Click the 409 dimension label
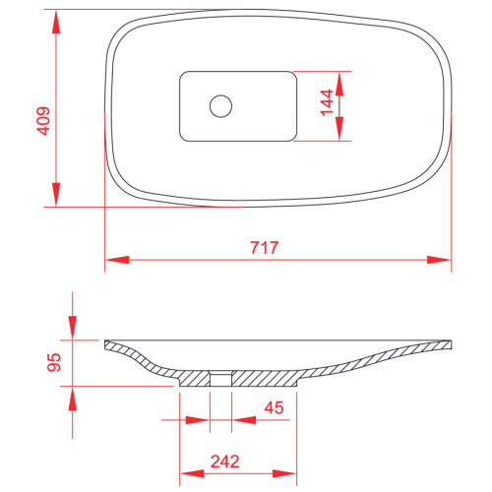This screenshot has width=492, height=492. [x=43, y=121]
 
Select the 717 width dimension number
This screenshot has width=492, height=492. [x=265, y=248]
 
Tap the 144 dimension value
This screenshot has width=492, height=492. [x=327, y=102]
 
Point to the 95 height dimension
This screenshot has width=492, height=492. [x=54, y=362]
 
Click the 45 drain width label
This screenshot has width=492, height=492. [x=274, y=407]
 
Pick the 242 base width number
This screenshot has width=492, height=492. [x=225, y=461]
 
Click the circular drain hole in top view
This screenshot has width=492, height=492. [x=221, y=106]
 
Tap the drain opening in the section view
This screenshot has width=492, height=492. [x=220, y=379]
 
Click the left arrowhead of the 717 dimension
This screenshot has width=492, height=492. [x=117, y=260]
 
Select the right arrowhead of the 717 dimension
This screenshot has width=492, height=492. [x=439, y=260]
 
